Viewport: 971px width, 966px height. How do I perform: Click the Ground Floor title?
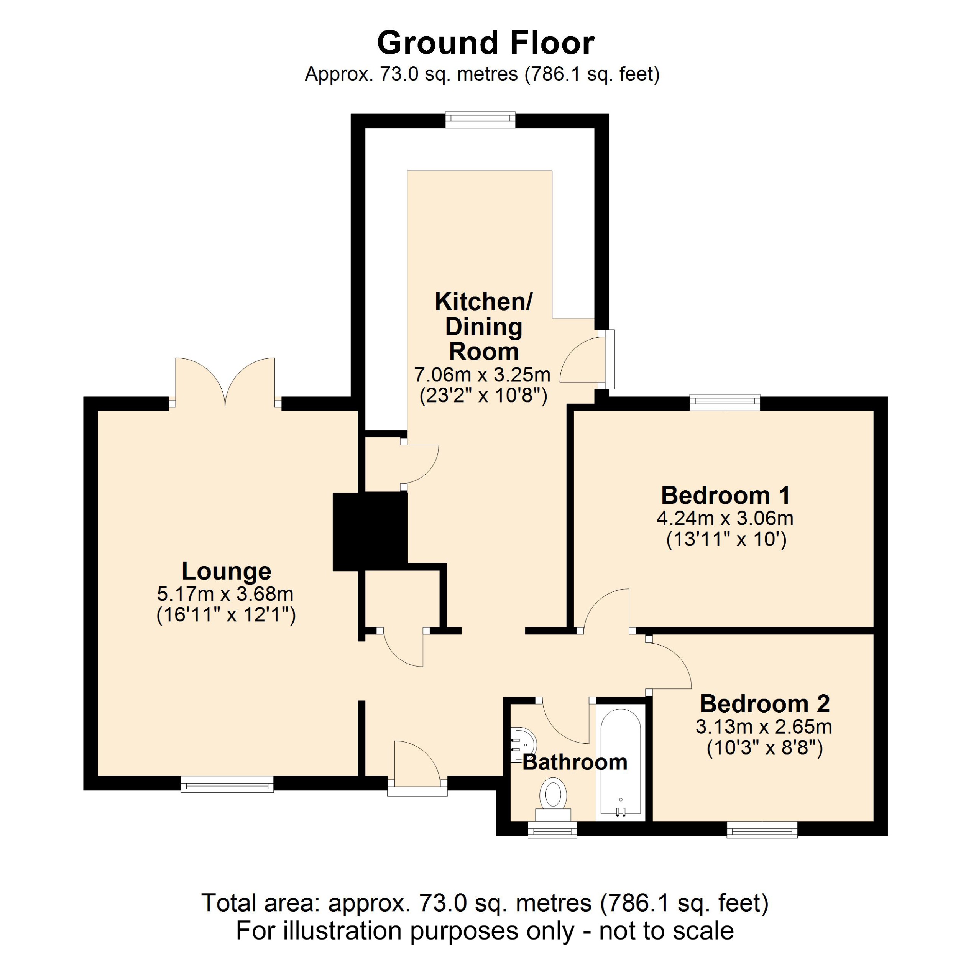coord(485,43)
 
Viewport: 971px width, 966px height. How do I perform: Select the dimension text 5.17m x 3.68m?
coord(225,594)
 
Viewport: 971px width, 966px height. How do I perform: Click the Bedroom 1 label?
coord(725,496)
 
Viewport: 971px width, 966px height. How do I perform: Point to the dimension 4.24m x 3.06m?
coord(725,518)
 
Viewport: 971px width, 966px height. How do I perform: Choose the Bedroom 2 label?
coord(764,704)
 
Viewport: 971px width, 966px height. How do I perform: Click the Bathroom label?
coord(575,762)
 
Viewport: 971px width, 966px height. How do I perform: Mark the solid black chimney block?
coord(370,531)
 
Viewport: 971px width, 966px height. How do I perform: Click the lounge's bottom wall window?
coord(227,784)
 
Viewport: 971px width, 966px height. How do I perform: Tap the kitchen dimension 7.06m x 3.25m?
coord(483,375)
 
